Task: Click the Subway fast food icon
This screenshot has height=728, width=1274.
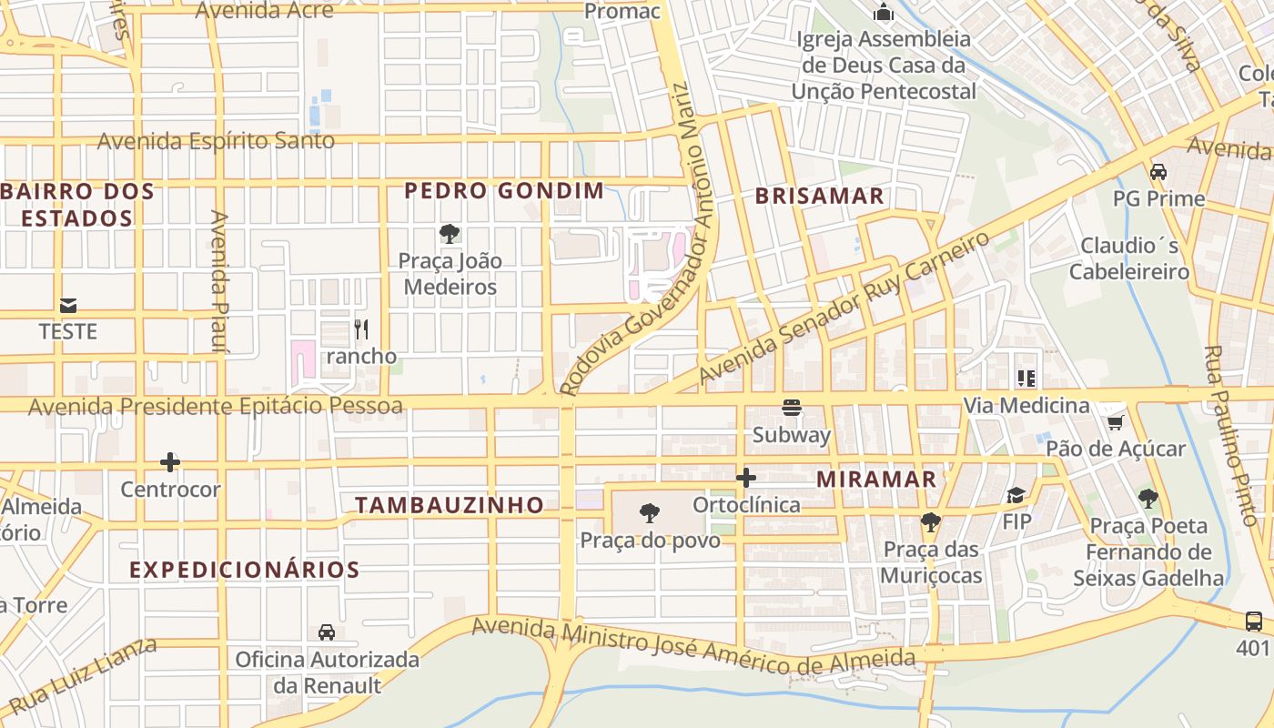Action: pos(792,408)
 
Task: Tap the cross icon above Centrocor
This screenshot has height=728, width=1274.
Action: pos(170,462)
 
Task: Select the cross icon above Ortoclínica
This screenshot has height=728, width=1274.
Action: pos(746,478)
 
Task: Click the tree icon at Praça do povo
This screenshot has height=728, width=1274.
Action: pos(650,513)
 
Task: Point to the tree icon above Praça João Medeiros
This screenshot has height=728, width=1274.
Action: pos(449,234)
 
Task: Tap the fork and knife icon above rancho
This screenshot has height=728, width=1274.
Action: pos(361,329)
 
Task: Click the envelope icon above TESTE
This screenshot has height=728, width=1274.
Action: pos(68,305)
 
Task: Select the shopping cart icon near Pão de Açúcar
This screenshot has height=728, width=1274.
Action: pos(1115,421)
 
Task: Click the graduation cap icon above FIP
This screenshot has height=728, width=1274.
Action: pos(1016,495)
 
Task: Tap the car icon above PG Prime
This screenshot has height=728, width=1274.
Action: pos(1158,171)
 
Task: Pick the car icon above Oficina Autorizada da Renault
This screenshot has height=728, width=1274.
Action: pos(327,632)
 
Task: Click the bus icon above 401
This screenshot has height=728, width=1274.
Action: pos(1253,621)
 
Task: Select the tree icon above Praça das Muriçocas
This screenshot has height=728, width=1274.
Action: pos(930,522)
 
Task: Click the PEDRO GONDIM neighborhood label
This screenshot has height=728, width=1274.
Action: pos(504,191)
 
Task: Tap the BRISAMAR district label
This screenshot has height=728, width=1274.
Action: pos(819,196)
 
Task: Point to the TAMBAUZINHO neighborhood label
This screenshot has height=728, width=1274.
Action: pos(450,505)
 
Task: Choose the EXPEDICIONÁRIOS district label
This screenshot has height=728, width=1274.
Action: pos(245,571)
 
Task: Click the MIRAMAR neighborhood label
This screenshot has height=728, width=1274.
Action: pos(876,480)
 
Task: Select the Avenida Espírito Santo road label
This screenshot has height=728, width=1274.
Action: pos(216,141)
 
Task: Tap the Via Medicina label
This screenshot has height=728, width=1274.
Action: pos(1026,406)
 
